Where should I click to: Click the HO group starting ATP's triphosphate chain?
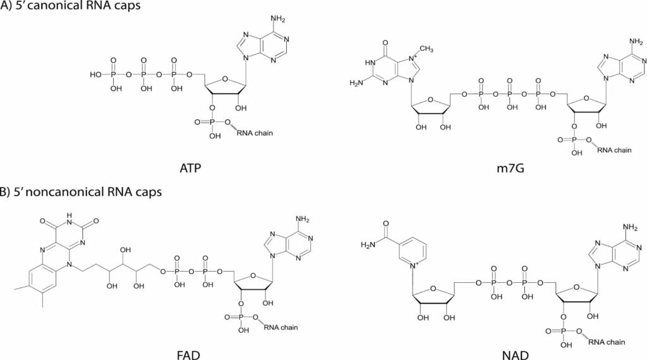coord(95,75)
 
